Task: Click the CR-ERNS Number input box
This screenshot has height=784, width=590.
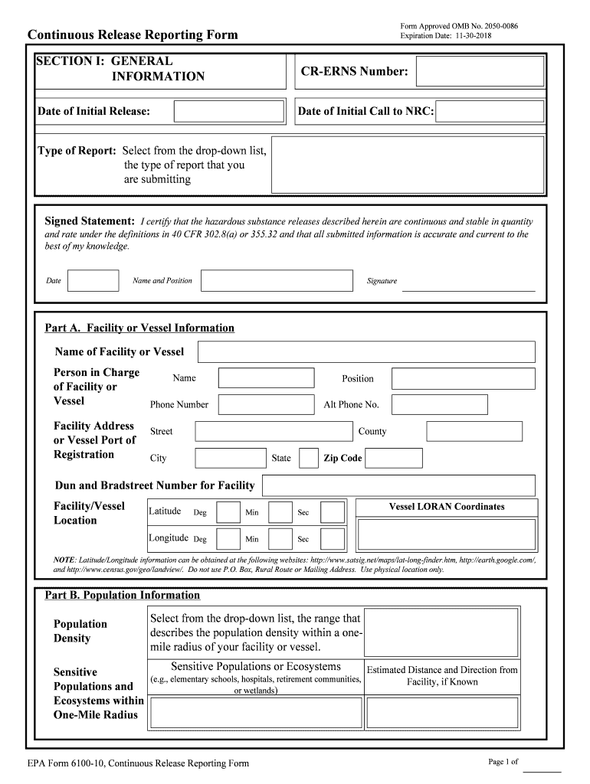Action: point(480,71)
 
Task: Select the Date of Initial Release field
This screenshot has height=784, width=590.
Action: point(218,111)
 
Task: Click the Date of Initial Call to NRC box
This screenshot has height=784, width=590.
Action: point(490,111)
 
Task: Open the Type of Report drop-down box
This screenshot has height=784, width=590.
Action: point(408,165)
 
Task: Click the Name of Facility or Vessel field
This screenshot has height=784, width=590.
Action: point(366,352)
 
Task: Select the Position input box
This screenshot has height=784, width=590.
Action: point(463,378)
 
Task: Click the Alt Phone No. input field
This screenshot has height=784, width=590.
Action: point(439,404)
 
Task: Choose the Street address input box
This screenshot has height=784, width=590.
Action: point(271,431)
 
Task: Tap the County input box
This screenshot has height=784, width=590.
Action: point(474,431)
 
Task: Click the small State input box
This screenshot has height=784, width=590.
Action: point(309,458)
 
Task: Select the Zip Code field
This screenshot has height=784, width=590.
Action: point(392,458)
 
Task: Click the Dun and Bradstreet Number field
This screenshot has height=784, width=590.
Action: point(399,485)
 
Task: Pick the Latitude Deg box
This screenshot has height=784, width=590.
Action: point(228,512)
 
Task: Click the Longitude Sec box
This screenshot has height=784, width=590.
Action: point(333,537)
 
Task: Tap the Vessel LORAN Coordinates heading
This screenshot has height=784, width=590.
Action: point(447,507)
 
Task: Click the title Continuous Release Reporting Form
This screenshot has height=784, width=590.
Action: point(133,35)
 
